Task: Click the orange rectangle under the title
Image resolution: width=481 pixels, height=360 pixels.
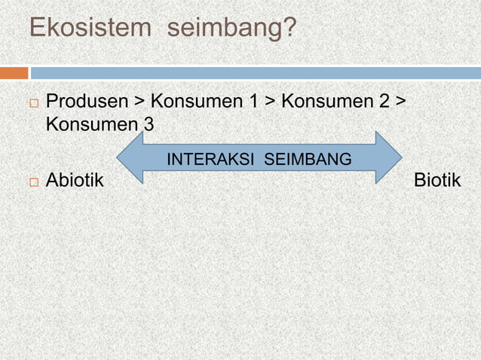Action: [14, 73]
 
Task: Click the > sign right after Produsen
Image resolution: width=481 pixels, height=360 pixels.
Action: [139, 102]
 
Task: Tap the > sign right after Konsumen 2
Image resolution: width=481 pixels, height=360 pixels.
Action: [399, 102]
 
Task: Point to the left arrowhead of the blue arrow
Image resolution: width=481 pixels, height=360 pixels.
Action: [130, 157]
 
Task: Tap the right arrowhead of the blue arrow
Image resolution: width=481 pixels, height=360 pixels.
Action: [388, 157]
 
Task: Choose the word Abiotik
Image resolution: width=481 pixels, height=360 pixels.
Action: [76, 181]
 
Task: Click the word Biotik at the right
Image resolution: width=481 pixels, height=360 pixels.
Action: [437, 181]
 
